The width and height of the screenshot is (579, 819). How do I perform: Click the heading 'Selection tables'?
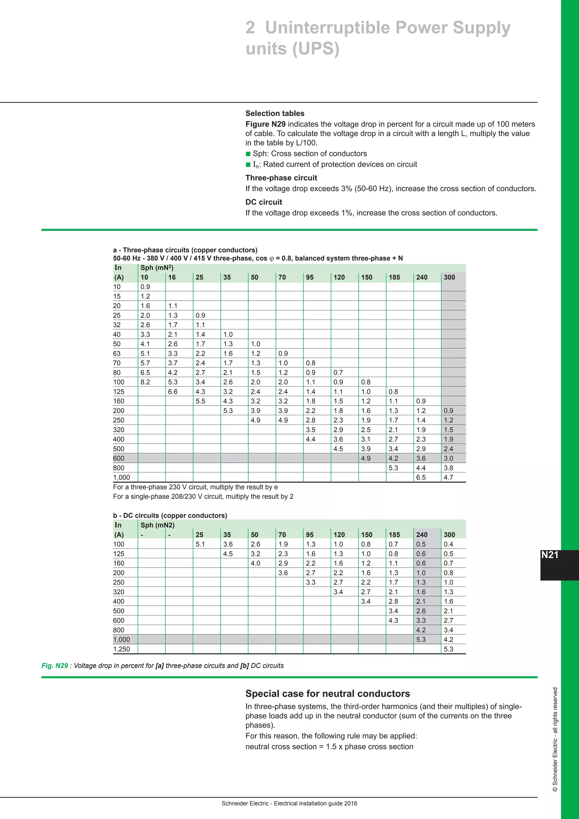pos(275,113)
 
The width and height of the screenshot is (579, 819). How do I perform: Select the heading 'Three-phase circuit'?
pos(281,178)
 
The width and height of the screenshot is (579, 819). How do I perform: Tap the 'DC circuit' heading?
pos(263,202)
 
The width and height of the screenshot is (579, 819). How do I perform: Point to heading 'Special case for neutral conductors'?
pos(327,693)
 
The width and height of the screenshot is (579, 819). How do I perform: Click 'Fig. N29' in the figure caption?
pos(55,666)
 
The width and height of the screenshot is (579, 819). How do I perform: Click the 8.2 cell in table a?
pos(145,382)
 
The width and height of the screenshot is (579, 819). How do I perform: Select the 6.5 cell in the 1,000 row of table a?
pos(421,477)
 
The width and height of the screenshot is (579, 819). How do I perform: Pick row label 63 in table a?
pos(117,354)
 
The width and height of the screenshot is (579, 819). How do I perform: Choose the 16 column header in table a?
pos(172,277)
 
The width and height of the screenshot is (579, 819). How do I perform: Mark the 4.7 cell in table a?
pos(448,477)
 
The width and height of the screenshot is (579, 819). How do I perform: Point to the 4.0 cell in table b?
pos(255,563)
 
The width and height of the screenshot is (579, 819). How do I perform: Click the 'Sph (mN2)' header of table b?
pos(157,525)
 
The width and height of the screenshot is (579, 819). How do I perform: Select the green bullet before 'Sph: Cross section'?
pos(248,154)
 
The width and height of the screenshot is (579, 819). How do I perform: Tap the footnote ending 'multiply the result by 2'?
pos(203,497)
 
